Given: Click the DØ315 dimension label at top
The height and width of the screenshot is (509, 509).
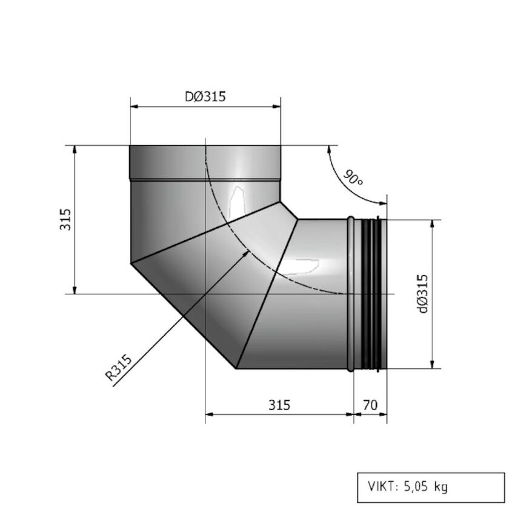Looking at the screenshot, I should (205, 96).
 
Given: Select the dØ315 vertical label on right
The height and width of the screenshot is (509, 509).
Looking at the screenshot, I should (422, 294).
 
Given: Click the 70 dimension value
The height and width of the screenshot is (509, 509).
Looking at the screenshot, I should (370, 404).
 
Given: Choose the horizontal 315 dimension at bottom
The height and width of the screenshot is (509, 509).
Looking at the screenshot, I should (279, 404).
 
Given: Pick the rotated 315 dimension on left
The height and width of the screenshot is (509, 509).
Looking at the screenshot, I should (65, 219).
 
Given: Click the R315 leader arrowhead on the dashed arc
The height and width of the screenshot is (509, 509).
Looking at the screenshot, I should (246, 252).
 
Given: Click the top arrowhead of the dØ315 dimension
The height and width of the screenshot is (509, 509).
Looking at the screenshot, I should (432, 224).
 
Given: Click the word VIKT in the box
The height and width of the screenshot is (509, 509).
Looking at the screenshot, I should (381, 486).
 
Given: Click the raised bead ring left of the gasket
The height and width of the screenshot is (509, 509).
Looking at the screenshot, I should (351, 294).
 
